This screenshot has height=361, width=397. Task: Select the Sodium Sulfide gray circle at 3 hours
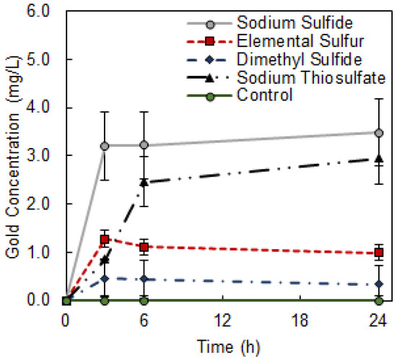pyautogui.click(x=105, y=146)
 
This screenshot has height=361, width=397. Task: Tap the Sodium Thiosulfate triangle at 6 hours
pyautogui.click(x=144, y=182)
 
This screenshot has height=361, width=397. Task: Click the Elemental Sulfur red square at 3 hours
pyautogui.click(x=105, y=239)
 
